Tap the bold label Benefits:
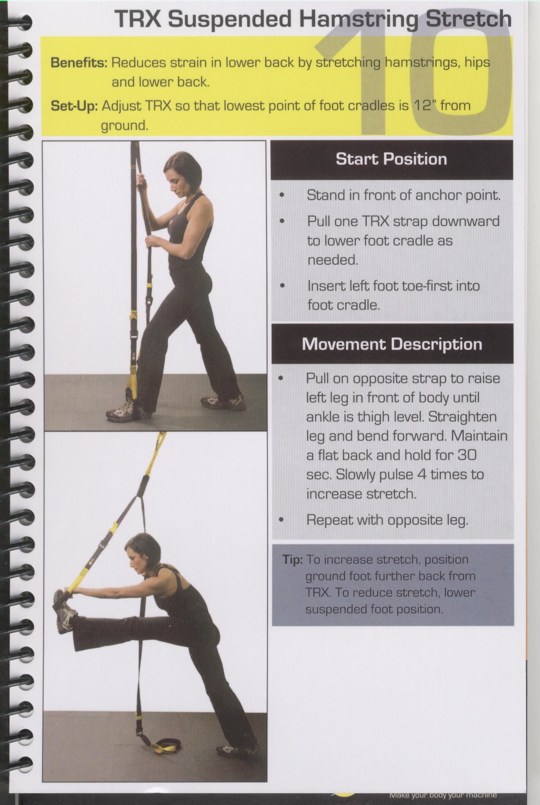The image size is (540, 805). [79, 62]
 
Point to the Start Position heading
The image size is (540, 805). [391, 159]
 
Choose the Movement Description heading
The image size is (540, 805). [392, 344]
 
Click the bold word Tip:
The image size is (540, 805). [292, 560]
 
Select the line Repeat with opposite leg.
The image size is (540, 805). [387, 520]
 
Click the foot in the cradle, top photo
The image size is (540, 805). [127, 410]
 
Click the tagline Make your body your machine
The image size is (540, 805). [443, 795]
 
